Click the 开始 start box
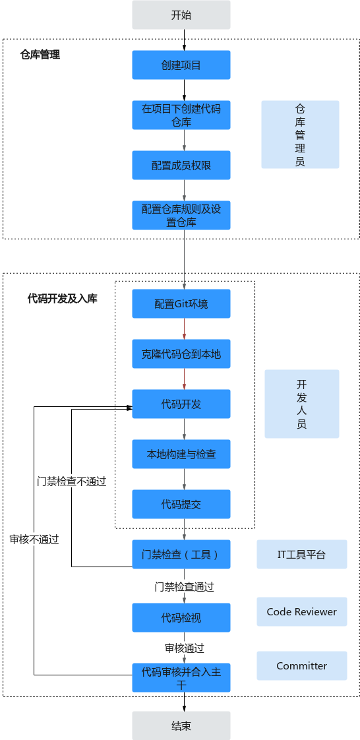[x=181, y=15]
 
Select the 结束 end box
[x=181, y=725]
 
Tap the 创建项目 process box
[x=181, y=65]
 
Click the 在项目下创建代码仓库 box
[x=181, y=115]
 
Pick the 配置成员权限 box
[x=181, y=165]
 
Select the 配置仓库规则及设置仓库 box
[x=181, y=215]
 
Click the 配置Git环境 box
[x=181, y=303]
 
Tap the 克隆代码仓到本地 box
[x=181, y=354]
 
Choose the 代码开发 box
[x=181, y=404]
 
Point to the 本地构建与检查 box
[x=181, y=454]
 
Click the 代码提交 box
[x=181, y=504]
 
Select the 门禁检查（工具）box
[x=181, y=554]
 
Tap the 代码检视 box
[x=181, y=617]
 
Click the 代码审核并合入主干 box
[x=181, y=678]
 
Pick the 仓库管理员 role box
[x=300, y=135]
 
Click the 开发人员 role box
[x=302, y=404]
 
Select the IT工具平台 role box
[x=302, y=554]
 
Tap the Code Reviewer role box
[x=302, y=611]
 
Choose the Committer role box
[x=302, y=666]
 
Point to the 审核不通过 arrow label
[x=34, y=540]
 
